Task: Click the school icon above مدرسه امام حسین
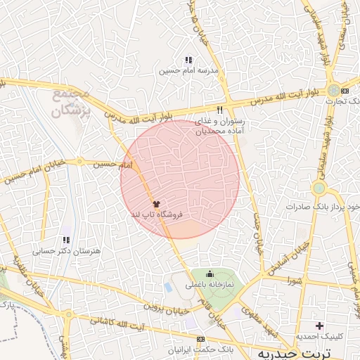pos(188,60)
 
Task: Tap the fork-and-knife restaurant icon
pos(220,110)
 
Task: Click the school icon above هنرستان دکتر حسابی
pos(66,240)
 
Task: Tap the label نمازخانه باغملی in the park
pos(209,285)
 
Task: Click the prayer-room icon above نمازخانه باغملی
pos(209,274)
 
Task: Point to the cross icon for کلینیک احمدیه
pos(320,326)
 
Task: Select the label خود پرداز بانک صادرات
pos(324,207)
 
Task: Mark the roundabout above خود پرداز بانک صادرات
pos(320,188)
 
